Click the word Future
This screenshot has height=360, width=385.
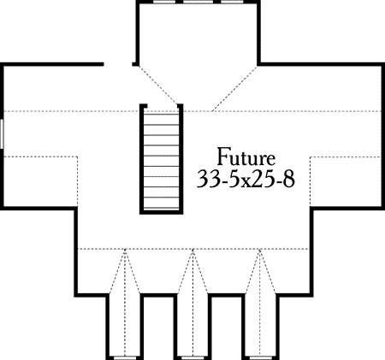tap(246, 156)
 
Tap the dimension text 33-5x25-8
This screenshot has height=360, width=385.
tap(246, 179)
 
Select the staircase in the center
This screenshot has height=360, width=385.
tap(161, 159)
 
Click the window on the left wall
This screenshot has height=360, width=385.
tap(2, 134)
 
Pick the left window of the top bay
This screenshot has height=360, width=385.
tap(164, 2)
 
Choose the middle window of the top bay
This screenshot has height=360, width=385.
tap(198, 2)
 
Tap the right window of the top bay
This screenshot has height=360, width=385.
tap(232, 2)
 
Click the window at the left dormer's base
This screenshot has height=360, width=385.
tap(125, 357)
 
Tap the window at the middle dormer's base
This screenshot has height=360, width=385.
tap(192, 357)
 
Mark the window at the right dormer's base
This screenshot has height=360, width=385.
tap(260, 357)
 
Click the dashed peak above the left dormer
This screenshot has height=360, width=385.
tap(125, 249)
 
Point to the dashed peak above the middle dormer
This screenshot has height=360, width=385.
tap(192, 249)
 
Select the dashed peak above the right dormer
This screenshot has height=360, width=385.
tap(260, 249)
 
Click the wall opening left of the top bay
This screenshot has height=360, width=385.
tap(118, 64)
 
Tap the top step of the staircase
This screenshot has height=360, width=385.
tap(161, 115)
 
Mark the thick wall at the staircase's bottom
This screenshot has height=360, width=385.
tap(161, 212)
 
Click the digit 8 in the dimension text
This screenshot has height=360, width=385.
tap(288, 180)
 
